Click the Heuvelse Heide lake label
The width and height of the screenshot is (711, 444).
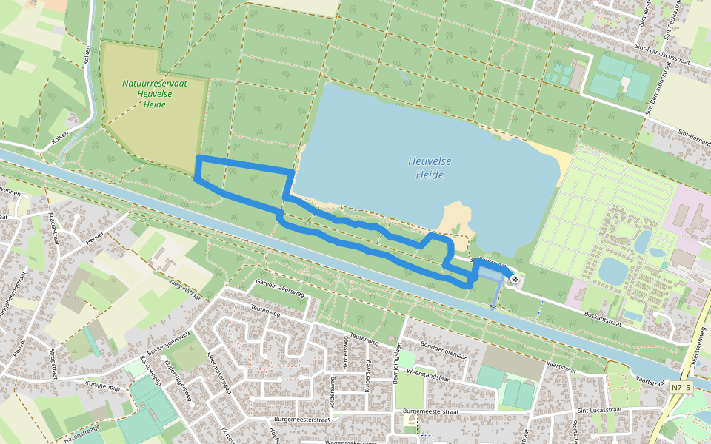click(430, 168)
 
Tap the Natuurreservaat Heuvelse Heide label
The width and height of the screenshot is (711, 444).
click(153, 94)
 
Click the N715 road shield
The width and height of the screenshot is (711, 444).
click(682, 387)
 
